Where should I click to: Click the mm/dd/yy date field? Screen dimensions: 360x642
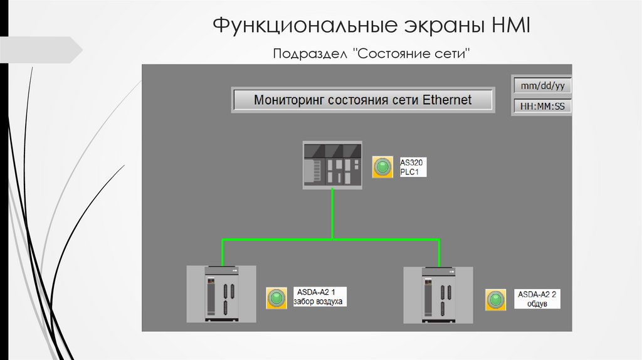click(542, 85)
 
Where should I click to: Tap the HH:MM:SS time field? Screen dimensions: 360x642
click(542, 106)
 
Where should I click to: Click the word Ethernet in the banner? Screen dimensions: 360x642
click(447, 100)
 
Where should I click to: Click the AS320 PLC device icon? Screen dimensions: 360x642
click(332, 165)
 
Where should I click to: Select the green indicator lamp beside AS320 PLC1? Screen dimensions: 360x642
click(382, 167)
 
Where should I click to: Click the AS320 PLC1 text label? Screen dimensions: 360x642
click(413, 167)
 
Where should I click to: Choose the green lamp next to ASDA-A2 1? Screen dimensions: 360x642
click(276, 297)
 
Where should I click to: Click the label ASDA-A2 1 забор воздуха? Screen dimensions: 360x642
click(318, 297)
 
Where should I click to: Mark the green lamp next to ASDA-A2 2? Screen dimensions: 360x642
click(495, 299)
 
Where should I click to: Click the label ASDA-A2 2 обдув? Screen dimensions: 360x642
click(537, 299)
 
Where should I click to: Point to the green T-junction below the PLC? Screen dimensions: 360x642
click(332, 238)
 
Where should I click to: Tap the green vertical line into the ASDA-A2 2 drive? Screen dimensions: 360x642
click(439, 252)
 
